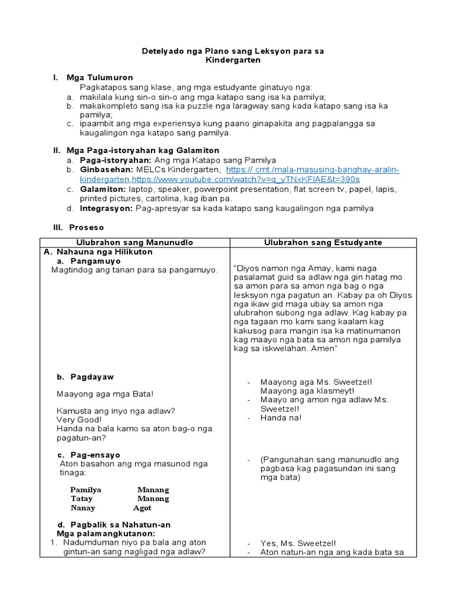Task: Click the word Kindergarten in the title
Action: [x=233, y=60]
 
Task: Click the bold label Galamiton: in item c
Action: [x=103, y=189]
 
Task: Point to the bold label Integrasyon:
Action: [x=107, y=209]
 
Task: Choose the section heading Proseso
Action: [x=86, y=227]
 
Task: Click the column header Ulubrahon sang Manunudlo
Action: [x=134, y=242]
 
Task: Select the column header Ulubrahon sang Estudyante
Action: [x=323, y=242]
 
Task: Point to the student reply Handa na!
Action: [x=281, y=418]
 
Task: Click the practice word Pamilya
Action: [x=86, y=490]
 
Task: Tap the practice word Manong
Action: [x=153, y=499]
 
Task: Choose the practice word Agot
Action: [x=142, y=508]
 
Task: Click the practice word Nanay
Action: [x=83, y=508]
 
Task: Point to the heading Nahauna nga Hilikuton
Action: [x=103, y=252]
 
